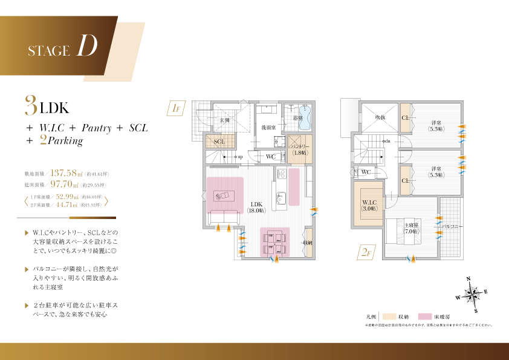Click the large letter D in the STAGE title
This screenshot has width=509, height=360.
(x=87, y=47)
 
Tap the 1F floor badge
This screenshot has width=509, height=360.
(x=177, y=109)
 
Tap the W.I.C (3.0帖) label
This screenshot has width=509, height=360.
(x=369, y=206)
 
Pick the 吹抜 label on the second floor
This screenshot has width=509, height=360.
(x=380, y=117)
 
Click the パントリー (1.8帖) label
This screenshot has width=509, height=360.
(x=299, y=149)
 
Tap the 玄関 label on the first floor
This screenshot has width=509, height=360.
(x=224, y=120)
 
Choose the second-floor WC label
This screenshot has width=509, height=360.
(x=366, y=172)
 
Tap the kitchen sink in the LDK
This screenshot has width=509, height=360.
(x=280, y=197)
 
